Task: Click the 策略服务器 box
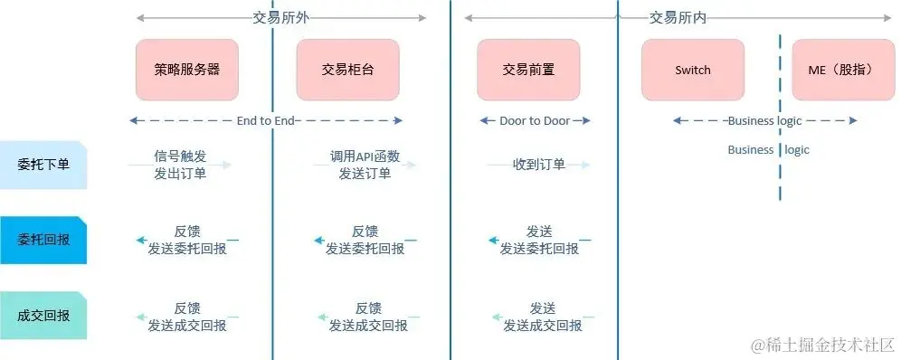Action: [187, 70]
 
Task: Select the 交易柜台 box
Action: [347, 70]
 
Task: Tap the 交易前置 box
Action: [528, 70]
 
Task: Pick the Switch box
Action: [693, 70]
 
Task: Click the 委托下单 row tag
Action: [43, 165]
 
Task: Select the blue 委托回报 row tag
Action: [43, 240]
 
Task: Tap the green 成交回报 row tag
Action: [43, 316]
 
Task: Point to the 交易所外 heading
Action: [280, 17]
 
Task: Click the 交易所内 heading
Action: [678, 17]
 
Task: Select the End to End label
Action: [266, 120]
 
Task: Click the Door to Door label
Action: [535, 120]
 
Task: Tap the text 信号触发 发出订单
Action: [181, 165]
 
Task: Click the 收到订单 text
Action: [539, 165]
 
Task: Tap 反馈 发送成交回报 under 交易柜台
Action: [367, 317]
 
